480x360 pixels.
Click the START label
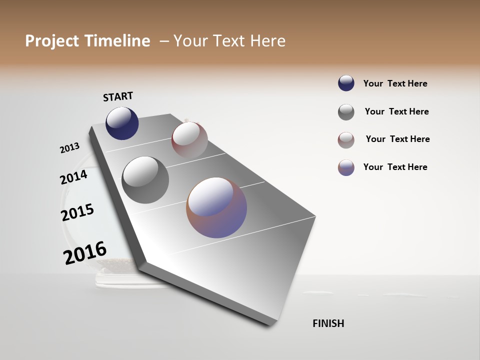coord(118,96)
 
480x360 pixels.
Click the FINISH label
coord(328,323)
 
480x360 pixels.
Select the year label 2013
coord(69,148)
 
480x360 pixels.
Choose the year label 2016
coord(85,252)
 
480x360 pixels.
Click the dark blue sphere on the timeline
coord(122,123)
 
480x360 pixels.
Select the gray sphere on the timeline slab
coord(145,180)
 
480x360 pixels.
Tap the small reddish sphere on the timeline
coord(189,140)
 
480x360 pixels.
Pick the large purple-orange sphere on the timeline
coord(216,207)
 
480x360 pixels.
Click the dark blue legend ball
coord(346,83)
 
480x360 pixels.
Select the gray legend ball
coord(346,112)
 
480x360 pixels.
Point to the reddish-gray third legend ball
coord(346,140)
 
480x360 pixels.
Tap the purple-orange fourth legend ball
coord(346,167)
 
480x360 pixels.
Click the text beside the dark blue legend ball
coord(395,83)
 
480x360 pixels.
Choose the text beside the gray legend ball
coord(396,111)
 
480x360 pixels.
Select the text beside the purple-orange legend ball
coord(395,167)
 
